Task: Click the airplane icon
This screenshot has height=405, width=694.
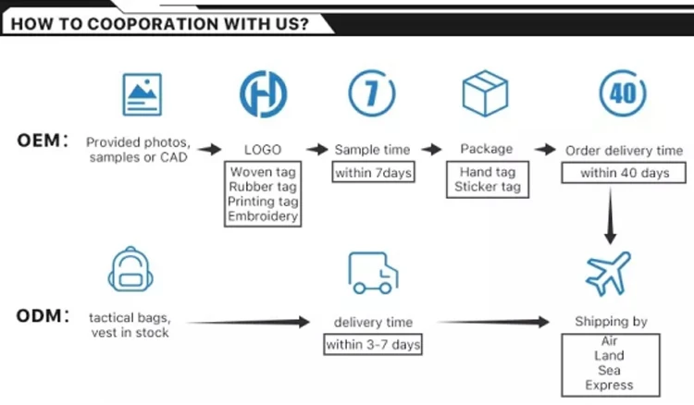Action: pyautogui.click(x=608, y=274)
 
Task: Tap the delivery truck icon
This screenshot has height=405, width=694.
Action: pyautogui.click(x=373, y=273)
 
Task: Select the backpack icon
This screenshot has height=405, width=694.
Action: pyautogui.click(x=130, y=269)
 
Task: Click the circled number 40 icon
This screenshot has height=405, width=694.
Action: pyautogui.click(x=623, y=93)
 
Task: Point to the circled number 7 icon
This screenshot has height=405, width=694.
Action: pyautogui.click(x=372, y=92)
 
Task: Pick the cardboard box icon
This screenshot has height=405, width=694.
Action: pyautogui.click(x=485, y=93)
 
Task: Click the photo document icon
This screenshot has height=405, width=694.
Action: pyautogui.click(x=143, y=94)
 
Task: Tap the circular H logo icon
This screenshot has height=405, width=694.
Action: pyautogui.click(x=264, y=93)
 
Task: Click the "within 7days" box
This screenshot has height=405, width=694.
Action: pyautogui.click(x=373, y=172)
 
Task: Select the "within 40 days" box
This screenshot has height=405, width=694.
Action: pyautogui.click(x=624, y=172)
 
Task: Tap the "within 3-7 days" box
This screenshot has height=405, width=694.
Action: pyautogui.click(x=373, y=344)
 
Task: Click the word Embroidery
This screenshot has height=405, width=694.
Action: pyautogui.click(x=263, y=216)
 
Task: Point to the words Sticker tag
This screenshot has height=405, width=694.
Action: pyautogui.click(x=488, y=187)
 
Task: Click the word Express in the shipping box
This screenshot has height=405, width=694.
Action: pyautogui.click(x=609, y=385)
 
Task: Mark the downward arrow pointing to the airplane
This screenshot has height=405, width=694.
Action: pyautogui.click(x=611, y=215)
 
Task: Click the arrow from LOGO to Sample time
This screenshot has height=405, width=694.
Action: pyautogui.click(x=316, y=150)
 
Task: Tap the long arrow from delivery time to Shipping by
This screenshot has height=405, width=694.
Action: pyautogui.click(x=493, y=322)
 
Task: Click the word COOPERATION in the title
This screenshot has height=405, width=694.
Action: pyautogui.click(x=153, y=24)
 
